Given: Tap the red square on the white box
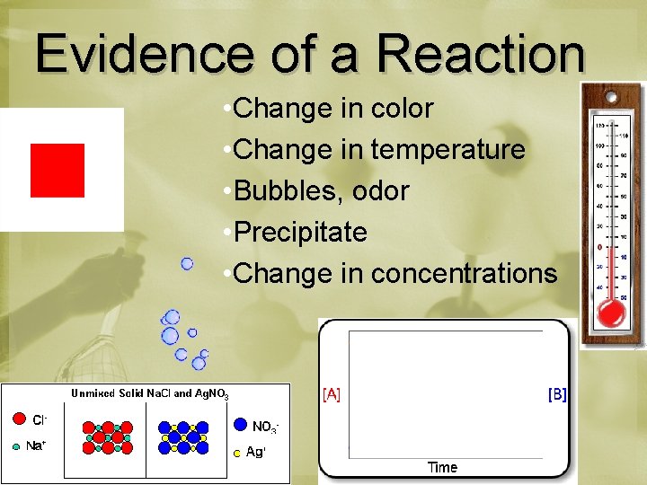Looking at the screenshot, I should pyautogui.click(x=58, y=170).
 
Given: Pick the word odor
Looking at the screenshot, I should pyautogui.click(x=380, y=191).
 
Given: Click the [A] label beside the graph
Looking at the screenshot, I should pyautogui.click(x=332, y=394).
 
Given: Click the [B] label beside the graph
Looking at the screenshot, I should pyautogui.click(x=557, y=394).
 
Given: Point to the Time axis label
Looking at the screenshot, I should pyautogui.click(x=442, y=467).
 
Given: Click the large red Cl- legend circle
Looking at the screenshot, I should pyautogui.click(x=19, y=419).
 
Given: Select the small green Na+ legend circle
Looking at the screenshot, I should pyautogui.click(x=15, y=445).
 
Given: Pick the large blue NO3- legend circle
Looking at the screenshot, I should pyautogui.click(x=240, y=424).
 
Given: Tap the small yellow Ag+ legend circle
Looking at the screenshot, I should pyautogui.click(x=236, y=454).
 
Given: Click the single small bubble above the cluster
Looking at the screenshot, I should pyautogui.click(x=187, y=263).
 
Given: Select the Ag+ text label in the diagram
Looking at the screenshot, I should pyautogui.click(x=256, y=453).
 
